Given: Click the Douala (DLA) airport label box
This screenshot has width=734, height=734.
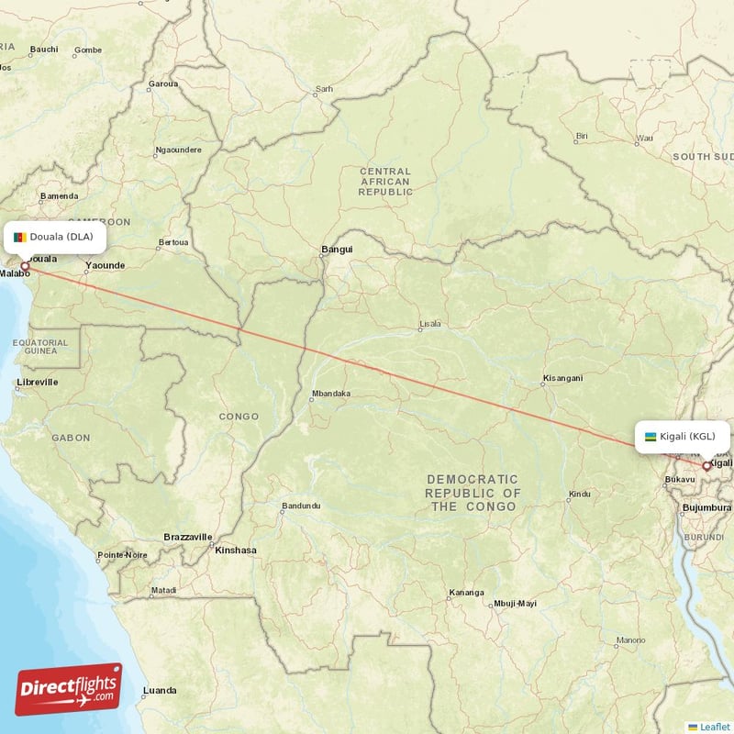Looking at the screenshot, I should click(56, 237).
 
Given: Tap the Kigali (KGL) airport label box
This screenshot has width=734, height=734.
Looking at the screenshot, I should click(684, 436).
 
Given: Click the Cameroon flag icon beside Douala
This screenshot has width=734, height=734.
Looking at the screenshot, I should click(19, 238).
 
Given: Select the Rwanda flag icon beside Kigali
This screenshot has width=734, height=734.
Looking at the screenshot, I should click(651, 437).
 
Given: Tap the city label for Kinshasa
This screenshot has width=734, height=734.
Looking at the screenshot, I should click(235, 550).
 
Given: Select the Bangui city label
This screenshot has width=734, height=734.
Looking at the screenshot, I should click(337, 250).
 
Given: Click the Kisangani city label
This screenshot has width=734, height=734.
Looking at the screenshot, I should click(562, 378).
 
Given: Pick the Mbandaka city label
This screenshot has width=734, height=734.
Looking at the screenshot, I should click(331, 395).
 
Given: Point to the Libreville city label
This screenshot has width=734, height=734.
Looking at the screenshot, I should click(38, 382).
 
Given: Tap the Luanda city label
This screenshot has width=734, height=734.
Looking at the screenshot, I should click(160, 689).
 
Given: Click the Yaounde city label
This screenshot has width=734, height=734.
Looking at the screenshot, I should click(105, 266).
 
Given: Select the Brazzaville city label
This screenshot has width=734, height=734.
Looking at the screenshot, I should click(188, 536).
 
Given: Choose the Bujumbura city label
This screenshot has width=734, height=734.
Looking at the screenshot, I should click(706, 507).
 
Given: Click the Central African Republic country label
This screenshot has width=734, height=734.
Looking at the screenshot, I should click(385, 182).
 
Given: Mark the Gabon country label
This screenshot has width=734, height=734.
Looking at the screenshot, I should click(71, 439).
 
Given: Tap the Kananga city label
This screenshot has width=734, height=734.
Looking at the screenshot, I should click(467, 592).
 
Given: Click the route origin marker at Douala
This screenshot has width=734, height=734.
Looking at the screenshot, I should click(26, 266).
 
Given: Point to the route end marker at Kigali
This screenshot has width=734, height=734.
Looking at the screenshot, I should click(706, 466).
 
